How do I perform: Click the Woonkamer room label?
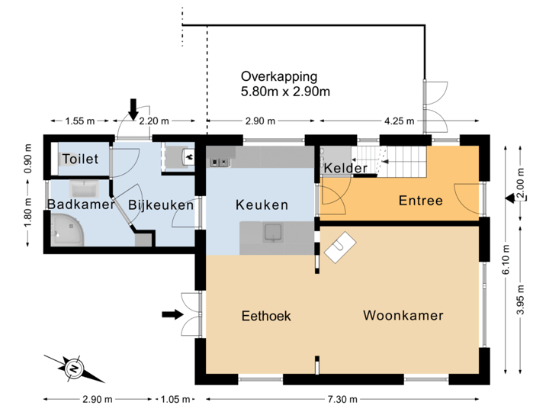point(403,315)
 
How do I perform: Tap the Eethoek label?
point(266,316)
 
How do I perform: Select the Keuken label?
point(262,204)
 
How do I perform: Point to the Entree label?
point(420,201)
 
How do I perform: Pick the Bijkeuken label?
point(160,204)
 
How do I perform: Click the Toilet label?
point(80,159)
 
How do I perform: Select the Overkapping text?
point(284,84)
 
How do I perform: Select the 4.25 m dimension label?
point(399,121)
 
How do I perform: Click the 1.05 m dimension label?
point(175,399)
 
